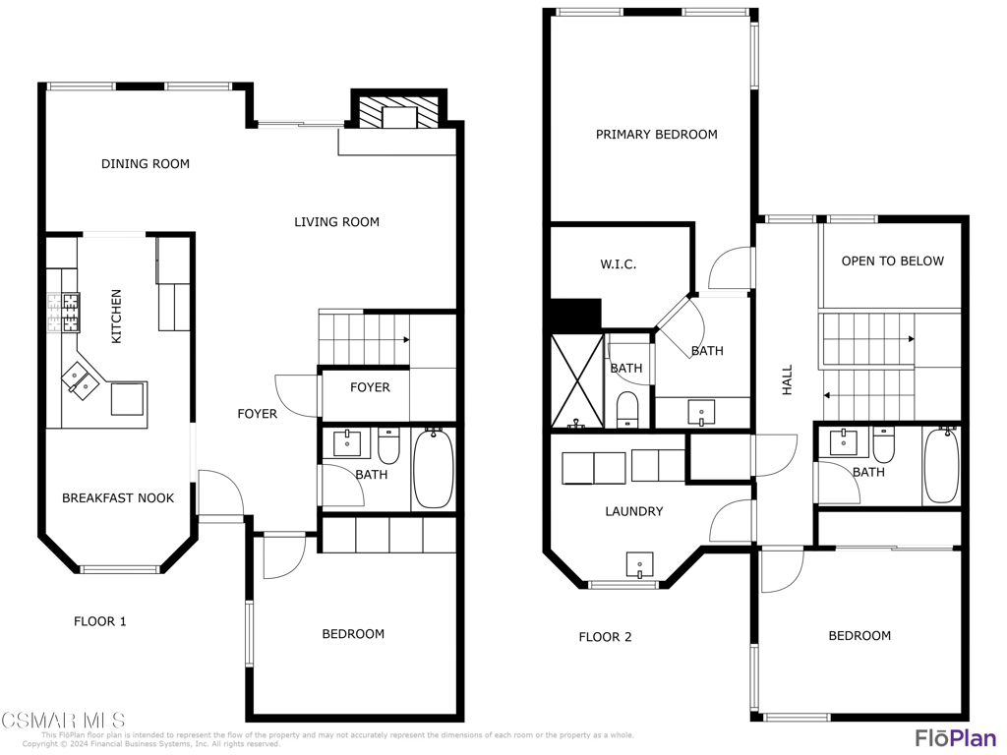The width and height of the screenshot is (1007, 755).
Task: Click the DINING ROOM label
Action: click(146, 164)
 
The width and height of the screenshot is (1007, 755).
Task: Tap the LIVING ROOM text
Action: click(336, 222)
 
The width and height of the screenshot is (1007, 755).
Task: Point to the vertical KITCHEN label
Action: click(117, 316)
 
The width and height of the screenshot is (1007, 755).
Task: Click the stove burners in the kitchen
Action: click(63, 313)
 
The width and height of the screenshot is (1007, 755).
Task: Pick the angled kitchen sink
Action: click(80, 378)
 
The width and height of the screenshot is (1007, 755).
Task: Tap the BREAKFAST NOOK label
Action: click(118, 498)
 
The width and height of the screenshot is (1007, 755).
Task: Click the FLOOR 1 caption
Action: click(100, 621)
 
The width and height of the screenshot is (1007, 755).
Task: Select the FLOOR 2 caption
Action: click(605, 637)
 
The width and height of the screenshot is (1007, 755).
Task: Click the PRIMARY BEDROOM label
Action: click(656, 135)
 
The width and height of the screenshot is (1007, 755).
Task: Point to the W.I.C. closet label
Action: click(619, 264)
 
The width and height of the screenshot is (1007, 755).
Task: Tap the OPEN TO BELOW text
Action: click(892, 261)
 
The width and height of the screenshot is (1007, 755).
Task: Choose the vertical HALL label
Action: click(787, 380)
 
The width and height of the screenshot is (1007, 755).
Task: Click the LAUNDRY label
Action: click(633, 511)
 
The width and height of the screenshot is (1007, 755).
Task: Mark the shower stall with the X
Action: click(576, 381)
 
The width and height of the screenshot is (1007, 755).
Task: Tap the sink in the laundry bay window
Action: click(640, 565)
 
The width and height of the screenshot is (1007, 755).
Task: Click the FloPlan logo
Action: click(955, 737)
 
